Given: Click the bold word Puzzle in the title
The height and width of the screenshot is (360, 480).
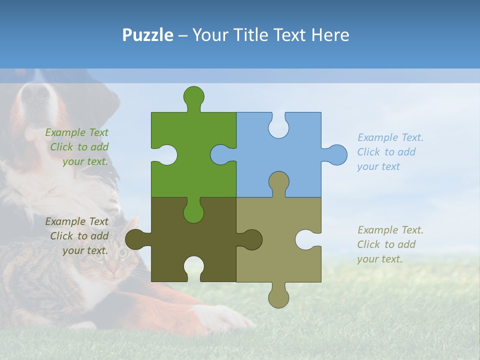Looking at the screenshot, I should [148, 35].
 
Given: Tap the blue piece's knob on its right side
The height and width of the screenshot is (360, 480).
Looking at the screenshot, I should [336, 155].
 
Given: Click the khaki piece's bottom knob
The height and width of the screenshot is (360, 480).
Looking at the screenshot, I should [279, 297].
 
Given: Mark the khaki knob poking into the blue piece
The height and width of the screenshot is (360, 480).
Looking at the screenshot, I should [278, 182].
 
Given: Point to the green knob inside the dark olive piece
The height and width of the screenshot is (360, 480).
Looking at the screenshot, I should [193, 212].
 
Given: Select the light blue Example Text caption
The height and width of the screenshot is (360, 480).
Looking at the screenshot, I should [390, 152].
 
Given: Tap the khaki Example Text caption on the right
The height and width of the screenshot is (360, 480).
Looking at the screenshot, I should [390, 244].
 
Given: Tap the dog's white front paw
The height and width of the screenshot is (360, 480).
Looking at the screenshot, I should [220, 317].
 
